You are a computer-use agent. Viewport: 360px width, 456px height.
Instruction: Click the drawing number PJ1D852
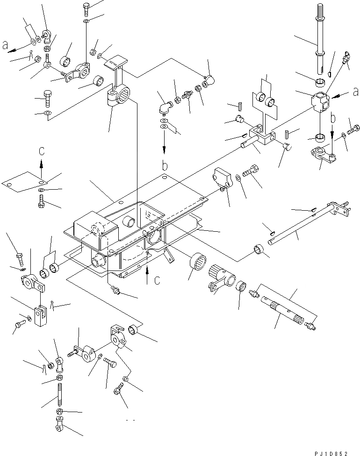pos(332,452)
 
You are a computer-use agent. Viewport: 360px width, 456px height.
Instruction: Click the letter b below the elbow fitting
pos(165,166)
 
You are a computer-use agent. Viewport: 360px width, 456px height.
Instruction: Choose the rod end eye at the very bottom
pos(60,425)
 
